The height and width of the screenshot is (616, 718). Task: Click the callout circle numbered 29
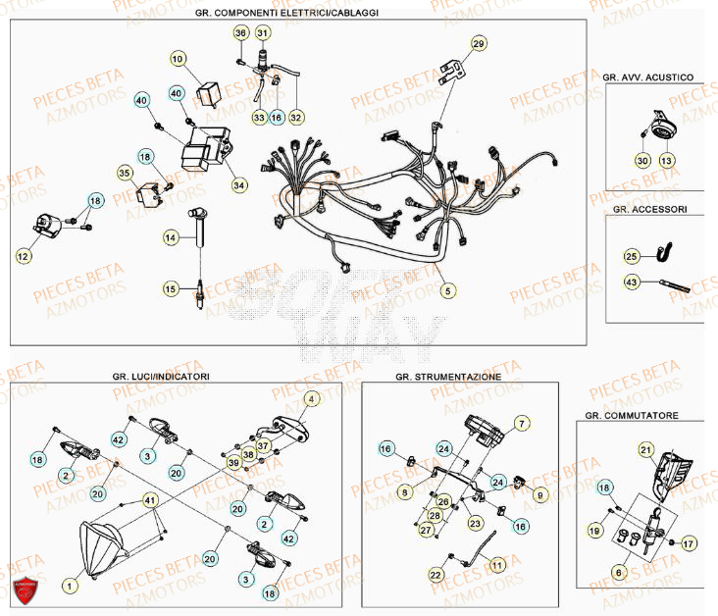478,43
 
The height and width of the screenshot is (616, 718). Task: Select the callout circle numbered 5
447,290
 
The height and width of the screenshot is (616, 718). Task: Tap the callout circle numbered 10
178,60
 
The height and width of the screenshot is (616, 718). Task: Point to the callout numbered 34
239,184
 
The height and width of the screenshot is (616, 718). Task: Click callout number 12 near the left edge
23,256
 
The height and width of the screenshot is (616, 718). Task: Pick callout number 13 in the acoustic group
667,160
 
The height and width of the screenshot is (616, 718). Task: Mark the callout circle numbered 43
632,282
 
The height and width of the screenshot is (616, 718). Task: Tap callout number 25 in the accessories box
632,256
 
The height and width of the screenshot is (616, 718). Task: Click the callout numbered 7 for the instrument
522,423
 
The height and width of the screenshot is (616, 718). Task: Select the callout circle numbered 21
645,450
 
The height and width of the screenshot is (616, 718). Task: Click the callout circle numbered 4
312,399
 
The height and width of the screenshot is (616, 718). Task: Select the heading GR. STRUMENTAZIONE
448,377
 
